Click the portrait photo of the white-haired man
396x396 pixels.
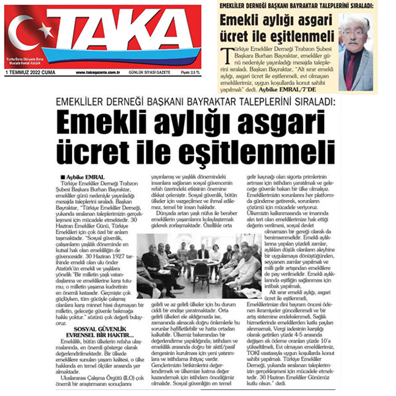tap(357, 53)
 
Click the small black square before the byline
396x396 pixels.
tap(62, 177)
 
